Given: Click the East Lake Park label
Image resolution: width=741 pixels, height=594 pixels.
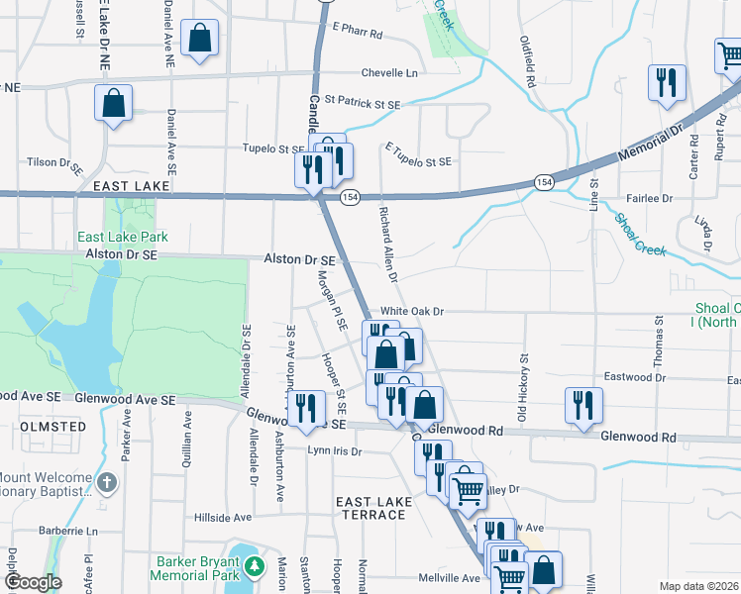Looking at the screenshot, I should (124, 238).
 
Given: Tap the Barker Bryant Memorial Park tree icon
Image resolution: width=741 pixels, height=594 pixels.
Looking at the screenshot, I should (256, 566).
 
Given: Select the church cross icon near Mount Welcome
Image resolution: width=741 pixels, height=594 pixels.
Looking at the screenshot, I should (107, 483).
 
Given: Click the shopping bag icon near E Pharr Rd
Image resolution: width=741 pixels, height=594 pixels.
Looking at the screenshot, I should (200, 39).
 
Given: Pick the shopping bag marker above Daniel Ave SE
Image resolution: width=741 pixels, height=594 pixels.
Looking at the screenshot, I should (114, 102).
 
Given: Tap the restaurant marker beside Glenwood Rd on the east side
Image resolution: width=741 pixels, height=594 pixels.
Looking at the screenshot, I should (583, 405).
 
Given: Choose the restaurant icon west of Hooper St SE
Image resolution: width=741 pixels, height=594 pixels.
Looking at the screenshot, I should (306, 406).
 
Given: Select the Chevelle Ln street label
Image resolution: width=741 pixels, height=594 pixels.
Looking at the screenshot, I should (389, 73).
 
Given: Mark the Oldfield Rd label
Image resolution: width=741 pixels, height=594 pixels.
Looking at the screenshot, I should (528, 61).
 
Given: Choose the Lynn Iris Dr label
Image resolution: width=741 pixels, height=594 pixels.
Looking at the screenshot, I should (334, 450).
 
